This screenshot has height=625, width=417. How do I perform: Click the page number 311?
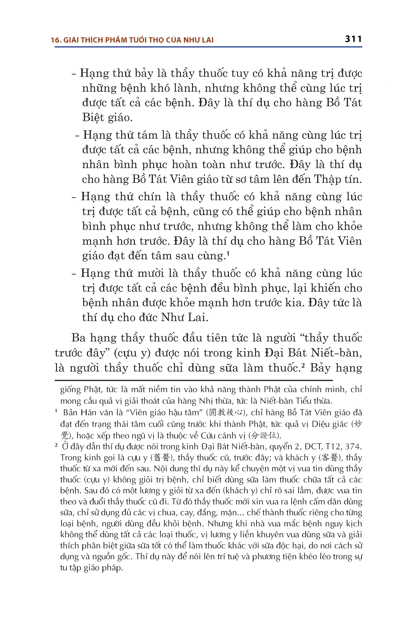353,39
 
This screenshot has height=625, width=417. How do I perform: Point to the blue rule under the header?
208,47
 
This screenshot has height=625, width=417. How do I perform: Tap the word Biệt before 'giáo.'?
93,117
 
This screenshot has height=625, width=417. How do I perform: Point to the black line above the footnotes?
194,381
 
